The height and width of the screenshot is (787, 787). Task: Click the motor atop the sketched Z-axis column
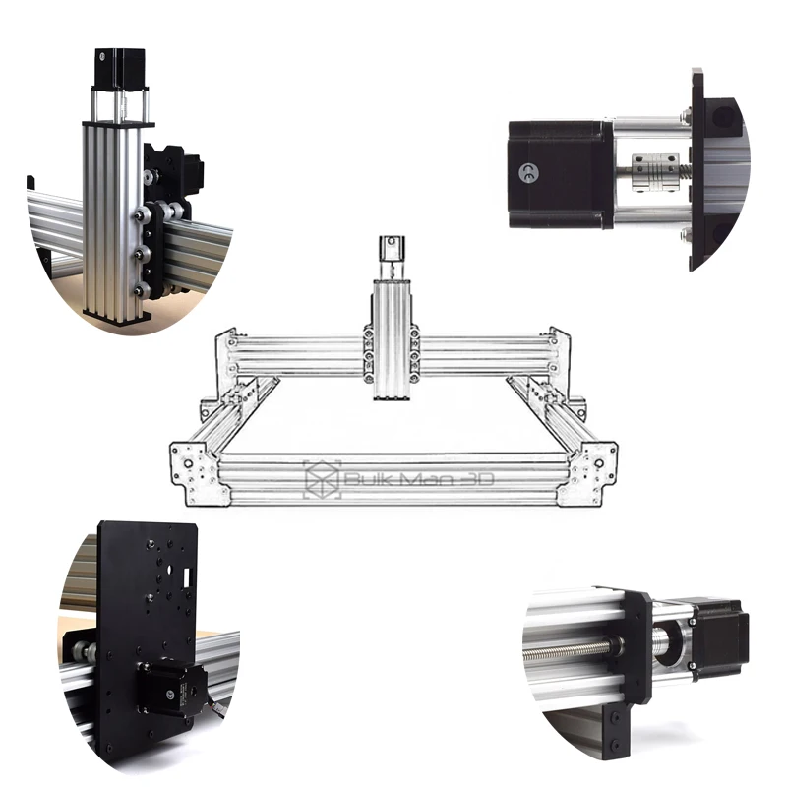click(392, 253)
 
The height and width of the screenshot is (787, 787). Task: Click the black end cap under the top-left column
click(117, 316)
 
